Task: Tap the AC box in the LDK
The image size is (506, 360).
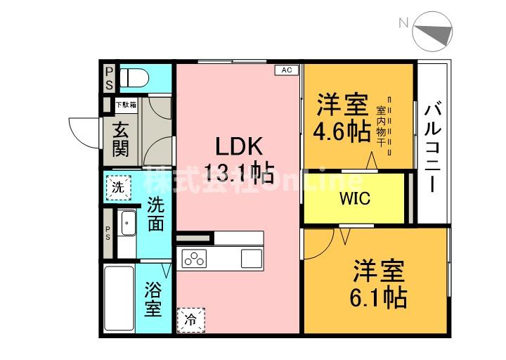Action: (x=286, y=70)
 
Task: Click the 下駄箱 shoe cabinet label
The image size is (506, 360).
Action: (x=126, y=105)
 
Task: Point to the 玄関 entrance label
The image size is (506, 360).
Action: (x=120, y=139)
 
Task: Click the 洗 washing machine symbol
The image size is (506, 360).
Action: (x=119, y=187)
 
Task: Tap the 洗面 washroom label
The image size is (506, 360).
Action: (x=155, y=214)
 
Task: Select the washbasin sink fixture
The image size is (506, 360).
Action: (x=126, y=224)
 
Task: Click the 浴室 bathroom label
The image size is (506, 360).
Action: (x=154, y=298)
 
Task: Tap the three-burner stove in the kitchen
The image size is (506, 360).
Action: (x=194, y=258)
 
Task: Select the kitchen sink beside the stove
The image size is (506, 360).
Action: (x=251, y=258)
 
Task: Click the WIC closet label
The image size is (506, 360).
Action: (x=355, y=198)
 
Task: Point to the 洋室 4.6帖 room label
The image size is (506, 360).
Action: (x=342, y=118)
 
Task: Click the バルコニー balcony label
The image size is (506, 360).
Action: (x=433, y=148)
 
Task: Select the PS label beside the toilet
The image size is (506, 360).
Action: (x=109, y=77)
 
